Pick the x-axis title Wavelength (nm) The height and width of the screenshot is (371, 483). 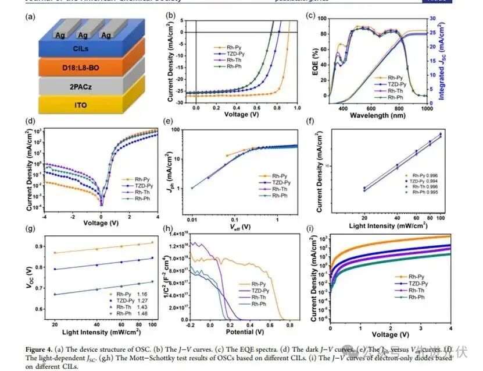pyautogui.click(x=378, y=115)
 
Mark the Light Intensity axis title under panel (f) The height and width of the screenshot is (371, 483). pyautogui.click(x=378, y=225)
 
